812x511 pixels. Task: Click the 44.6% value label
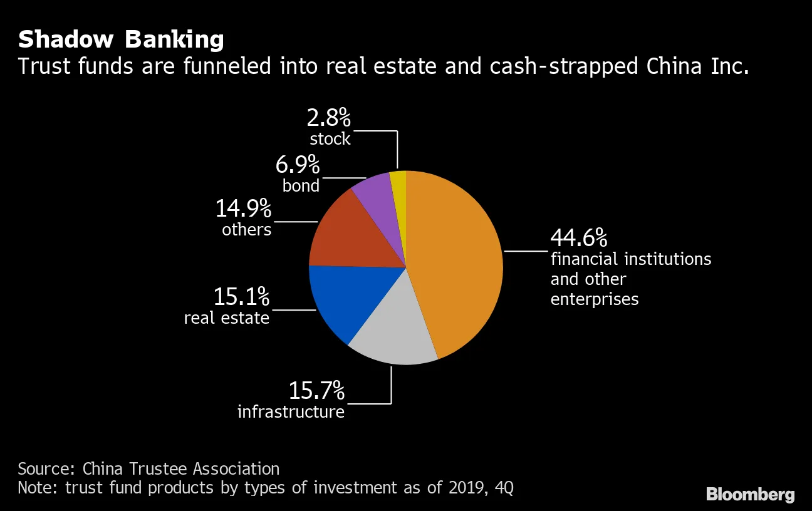click(x=578, y=239)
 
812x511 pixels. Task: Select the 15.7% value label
click(x=316, y=391)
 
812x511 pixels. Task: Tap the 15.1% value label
click(x=241, y=297)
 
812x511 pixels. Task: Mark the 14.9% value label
click(x=243, y=209)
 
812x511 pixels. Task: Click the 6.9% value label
click(x=298, y=166)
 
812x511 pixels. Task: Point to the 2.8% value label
click(x=329, y=118)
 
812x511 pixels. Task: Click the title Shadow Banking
click(x=121, y=39)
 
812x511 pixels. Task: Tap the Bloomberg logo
click(x=750, y=494)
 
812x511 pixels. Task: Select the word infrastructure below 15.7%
click(x=291, y=412)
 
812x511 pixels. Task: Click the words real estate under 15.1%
click(x=226, y=318)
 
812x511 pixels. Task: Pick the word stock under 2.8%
click(x=330, y=138)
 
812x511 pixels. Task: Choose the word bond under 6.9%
click(x=301, y=186)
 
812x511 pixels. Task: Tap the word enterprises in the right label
click(x=594, y=299)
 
